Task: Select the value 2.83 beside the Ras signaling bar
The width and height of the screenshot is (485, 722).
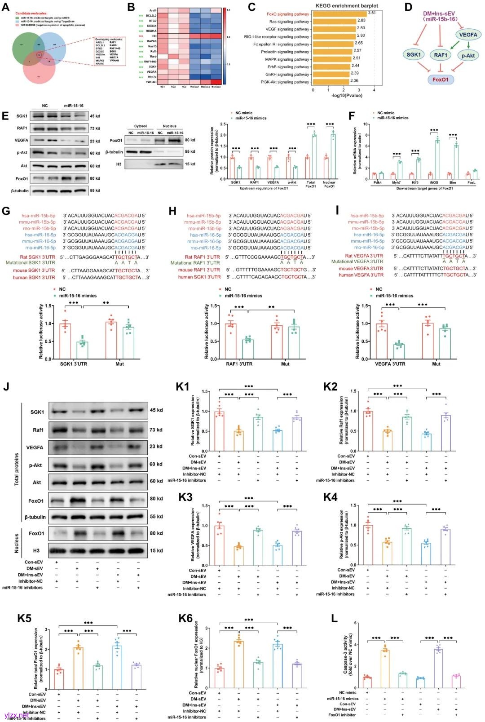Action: pos(362,21)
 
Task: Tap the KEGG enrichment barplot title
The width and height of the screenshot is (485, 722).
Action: pos(347,5)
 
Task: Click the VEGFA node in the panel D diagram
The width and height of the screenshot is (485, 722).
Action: pos(468,35)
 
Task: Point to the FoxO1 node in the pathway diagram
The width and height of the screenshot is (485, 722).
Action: pos(441,80)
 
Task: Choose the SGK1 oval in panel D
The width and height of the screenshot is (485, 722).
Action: pos(414,55)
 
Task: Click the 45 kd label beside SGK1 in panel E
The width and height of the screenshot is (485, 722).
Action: pos(95,116)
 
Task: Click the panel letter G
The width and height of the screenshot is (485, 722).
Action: pos(6,211)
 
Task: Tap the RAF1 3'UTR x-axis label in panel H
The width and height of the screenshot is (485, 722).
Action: pos(239,364)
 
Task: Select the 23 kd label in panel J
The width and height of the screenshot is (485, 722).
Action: pos(156,447)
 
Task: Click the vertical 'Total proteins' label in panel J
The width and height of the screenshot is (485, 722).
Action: pos(17,469)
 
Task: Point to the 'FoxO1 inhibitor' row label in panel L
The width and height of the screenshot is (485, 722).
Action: pos(342,715)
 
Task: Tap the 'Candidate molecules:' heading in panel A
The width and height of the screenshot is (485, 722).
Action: pos(31,13)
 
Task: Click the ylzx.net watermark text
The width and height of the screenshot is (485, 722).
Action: pos(16,715)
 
